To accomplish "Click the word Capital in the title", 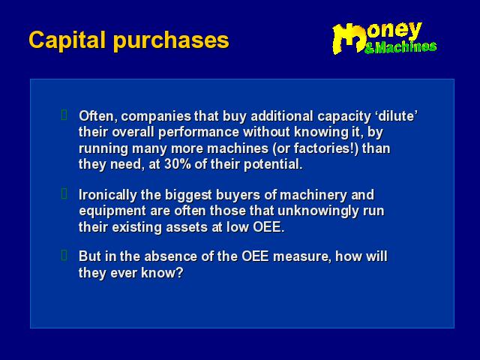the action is (67, 40).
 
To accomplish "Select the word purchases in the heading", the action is (171, 41).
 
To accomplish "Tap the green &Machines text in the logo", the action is (400, 47).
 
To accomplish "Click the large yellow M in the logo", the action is (349, 38).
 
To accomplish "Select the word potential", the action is (273, 165).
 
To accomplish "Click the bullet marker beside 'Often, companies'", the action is (64, 115).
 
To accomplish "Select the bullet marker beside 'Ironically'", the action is (64, 193).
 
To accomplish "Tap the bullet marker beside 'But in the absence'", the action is (64, 255).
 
